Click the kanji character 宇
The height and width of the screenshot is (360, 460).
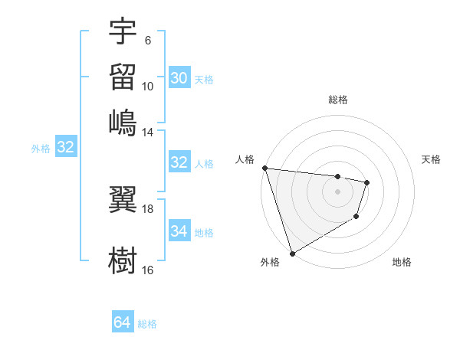point(123,31)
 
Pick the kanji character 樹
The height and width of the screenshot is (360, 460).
point(123,258)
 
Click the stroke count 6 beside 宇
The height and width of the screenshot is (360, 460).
point(148,41)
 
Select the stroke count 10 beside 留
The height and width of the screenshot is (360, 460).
point(148,87)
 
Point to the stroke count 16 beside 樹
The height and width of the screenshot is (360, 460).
point(148,270)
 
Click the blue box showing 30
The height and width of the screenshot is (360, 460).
point(179,78)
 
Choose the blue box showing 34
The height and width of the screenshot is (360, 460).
point(179,231)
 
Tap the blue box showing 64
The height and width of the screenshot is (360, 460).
point(122,322)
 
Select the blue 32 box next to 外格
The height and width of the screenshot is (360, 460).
point(65,148)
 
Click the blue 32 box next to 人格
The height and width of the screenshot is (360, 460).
point(179,162)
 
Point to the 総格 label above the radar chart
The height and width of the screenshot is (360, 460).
point(338,100)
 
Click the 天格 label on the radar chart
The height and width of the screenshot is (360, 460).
point(432,159)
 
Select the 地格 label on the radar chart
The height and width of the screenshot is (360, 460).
point(402,263)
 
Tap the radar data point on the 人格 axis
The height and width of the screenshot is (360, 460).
point(264,168)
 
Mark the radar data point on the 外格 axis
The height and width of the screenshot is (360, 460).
point(292,253)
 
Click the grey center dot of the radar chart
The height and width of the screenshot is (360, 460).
point(338,191)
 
